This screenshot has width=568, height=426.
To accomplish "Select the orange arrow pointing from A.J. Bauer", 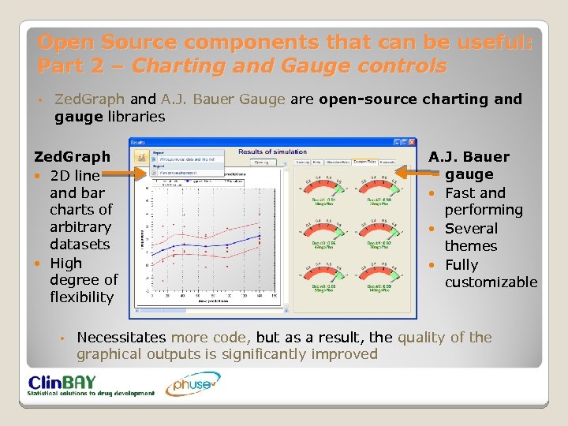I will pyautogui.click(x=410, y=171).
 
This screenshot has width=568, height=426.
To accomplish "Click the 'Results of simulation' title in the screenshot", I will pyautogui.click(x=271, y=151).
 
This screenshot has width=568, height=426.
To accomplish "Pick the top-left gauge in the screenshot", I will pyautogui.click(x=319, y=189).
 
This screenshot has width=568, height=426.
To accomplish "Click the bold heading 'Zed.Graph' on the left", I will pyautogui.click(x=72, y=157).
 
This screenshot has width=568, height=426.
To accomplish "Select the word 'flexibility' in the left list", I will pyautogui.click(x=81, y=297).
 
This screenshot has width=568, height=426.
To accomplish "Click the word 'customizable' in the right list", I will pyautogui.click(x=491, y=282).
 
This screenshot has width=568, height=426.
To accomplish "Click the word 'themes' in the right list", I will pyautogui.click(x=470, y=246).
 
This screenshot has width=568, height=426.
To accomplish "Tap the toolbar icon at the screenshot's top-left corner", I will pyautogui.click(x=140, y=157).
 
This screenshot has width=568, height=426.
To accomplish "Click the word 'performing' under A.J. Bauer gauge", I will pyautogui.click(x=483, y=210).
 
